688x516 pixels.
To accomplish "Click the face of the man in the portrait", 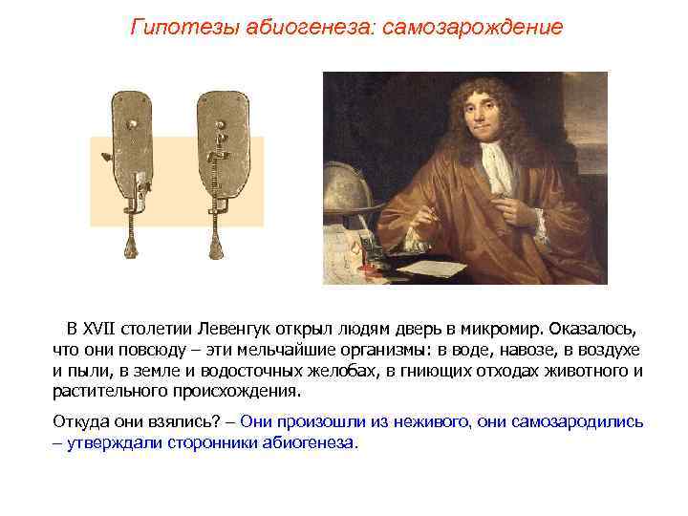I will [477, 115].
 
